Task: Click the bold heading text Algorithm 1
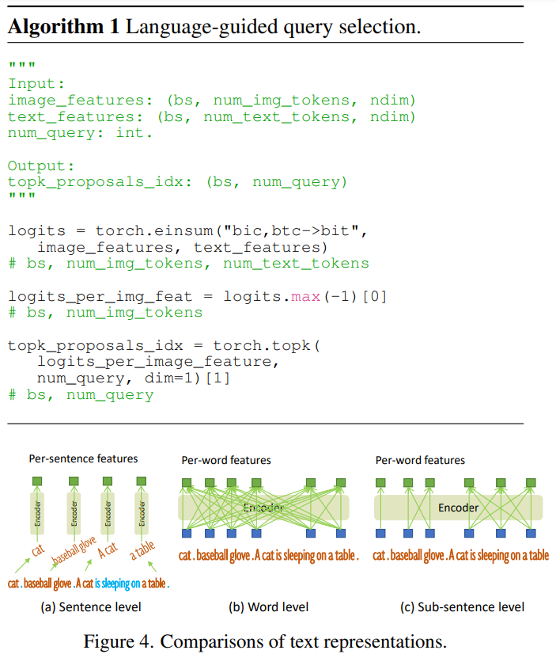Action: (63, 25)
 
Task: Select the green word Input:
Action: (32, 84)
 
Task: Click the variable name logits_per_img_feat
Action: (100, 296)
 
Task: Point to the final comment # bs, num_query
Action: (81, 394)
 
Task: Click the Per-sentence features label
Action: (83, 458)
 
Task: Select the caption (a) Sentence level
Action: (90, 607)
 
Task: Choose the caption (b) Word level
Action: (268, 607)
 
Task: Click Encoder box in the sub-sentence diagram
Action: (459, 508)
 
